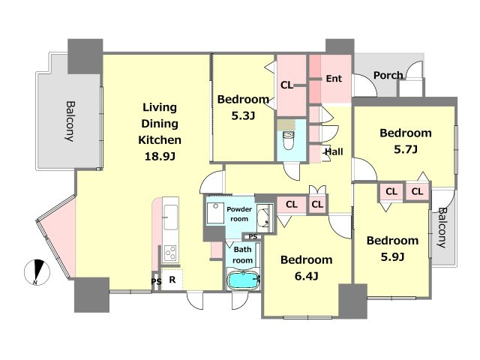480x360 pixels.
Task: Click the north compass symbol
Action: pos(37,272)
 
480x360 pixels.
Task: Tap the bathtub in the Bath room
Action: pos(243,280)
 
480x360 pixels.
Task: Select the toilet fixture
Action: pos(288,139)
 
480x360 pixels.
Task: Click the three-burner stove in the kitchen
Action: pos(170,253)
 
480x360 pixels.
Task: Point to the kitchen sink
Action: pos(170,217)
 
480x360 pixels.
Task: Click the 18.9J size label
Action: pos(160,157)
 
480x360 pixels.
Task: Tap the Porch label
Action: pos(388,75)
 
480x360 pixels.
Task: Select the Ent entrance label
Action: pos(334,79)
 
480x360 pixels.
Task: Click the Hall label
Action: pos(334,151)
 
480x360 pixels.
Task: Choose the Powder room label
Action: pos(239,214)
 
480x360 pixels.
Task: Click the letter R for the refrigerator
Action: pos(172,280)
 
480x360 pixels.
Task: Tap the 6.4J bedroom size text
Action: pos(307,276)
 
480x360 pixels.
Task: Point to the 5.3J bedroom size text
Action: pos(243,115)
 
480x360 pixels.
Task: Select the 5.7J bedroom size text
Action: pos(406,149)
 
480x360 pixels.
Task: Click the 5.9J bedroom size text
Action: pos(392,256)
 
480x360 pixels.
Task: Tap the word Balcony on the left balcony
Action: pos(70,121)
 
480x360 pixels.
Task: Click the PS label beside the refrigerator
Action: pos(156,281)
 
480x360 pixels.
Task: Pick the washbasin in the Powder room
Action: pos(263,217)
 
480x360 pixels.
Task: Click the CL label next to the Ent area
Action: pos(286,85)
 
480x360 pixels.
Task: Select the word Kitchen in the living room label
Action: pos(160,140)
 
